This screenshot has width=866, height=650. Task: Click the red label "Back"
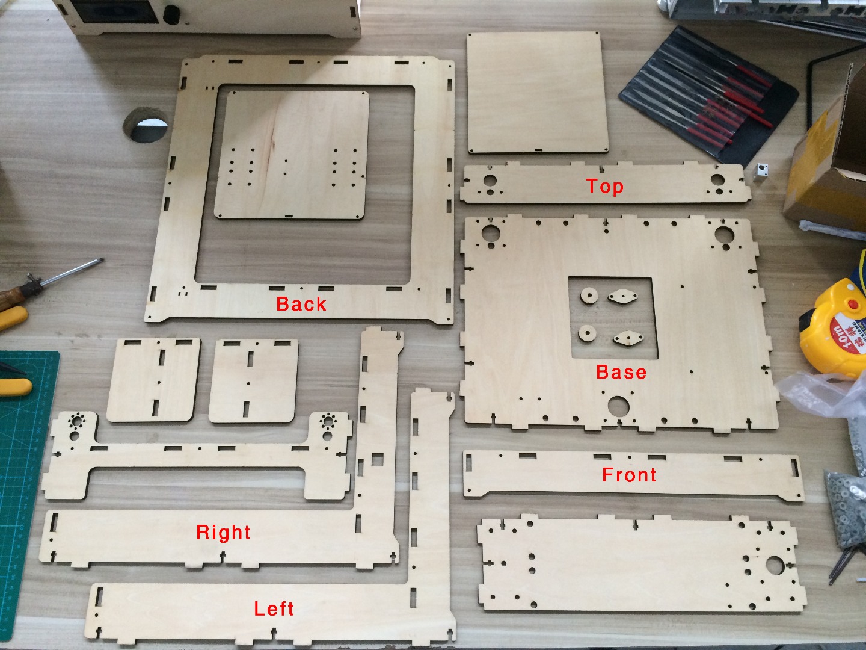[x=301, y=304]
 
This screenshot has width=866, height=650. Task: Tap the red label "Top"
[x=604, y=187]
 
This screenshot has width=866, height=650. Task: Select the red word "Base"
[x=621, y=372]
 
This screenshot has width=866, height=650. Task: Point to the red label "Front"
[x=629, y=475]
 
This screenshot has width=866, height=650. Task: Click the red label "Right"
[x=223, y=532]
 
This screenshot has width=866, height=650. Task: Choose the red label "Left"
[x=274, y=608]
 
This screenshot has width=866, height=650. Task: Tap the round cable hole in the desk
[x=146, y=125]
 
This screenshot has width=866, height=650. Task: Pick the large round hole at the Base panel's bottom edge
[x=618, y=406]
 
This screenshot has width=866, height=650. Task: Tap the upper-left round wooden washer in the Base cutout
[x=588, y=296]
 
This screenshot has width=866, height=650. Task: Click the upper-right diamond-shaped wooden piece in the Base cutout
[x=622, y=296]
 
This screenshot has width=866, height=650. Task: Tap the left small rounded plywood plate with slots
[x=154, y=379]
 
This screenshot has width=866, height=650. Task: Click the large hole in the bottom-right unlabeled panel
[x=775, y=565]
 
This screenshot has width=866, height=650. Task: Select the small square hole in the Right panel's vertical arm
[x=378, y=460]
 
